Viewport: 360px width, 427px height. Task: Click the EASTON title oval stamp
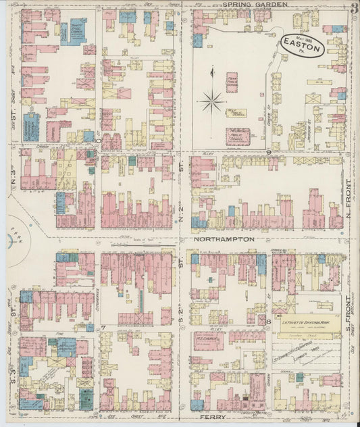(303, 45)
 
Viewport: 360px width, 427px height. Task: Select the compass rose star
(212, 102)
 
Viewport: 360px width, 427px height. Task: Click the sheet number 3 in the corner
(354, 8)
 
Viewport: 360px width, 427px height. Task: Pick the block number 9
(268, 153)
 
